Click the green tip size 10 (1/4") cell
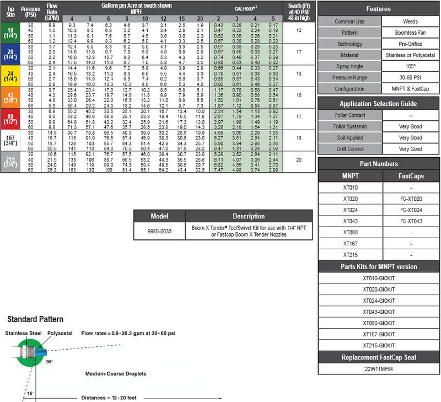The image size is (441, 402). [x=10, y=33]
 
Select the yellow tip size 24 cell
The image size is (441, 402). [x=10, y=75]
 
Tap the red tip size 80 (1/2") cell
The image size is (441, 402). [x=10, y=118]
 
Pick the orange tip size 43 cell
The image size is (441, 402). [x=10, y=97]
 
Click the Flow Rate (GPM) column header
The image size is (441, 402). [x=52, y=12]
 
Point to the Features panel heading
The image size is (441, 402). [x=378, y=9]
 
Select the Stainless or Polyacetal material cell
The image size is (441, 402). [x=410, y=55]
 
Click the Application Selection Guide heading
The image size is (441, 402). [x=378, y=104]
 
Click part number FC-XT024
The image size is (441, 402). [x=410, y=210]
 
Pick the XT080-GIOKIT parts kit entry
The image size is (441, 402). [x=378, y=323]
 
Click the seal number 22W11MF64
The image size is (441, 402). [x=378, y=368]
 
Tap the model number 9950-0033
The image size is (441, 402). [x=159, y=232]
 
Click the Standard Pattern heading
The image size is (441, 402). [x=35, y=319]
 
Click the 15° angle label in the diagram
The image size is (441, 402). [x=30, y=393]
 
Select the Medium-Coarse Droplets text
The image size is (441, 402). [x=116, y=374]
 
